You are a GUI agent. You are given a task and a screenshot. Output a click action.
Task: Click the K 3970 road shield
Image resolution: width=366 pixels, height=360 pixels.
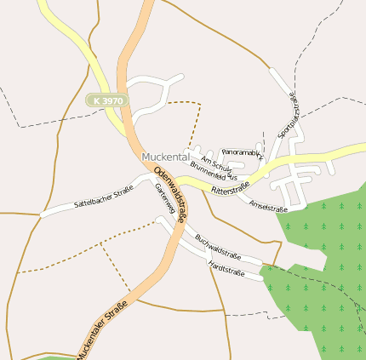108,100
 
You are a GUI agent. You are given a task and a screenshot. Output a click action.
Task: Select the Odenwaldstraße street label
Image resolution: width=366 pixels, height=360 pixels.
172,196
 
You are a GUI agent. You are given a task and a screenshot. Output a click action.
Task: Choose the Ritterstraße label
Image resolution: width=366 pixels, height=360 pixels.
230,188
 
